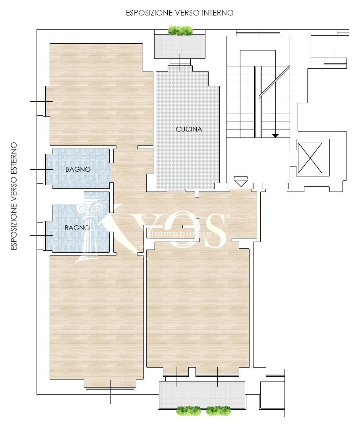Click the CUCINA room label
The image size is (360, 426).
coord(189,129)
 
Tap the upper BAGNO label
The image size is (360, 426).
coord(78,169)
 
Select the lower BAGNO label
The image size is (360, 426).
coord(77,228)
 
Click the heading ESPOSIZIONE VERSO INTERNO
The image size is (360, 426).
coord(180,13)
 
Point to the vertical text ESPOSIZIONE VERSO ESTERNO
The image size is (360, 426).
coord(14,196)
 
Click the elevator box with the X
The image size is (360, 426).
coord(310,158)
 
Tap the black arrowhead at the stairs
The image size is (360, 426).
coord(275,136)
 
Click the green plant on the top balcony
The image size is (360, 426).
coord(180,31)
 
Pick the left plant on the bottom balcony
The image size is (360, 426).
coord(189,411)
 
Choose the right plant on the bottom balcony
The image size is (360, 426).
coord(219,411)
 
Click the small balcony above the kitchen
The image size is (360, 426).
coord(180,46)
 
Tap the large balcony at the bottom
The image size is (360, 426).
coord(202,395)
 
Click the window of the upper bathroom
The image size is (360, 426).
coord(44,170)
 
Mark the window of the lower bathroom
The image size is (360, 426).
coord(44,236)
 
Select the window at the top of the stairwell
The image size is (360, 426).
coord(258,33)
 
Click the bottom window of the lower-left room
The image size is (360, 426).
coord(110,391)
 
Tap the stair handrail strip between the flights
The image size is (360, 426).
coord(258,102)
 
